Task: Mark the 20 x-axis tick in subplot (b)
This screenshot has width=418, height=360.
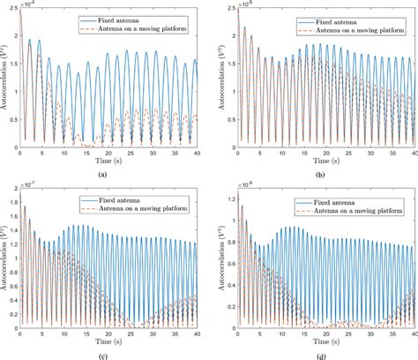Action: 324,154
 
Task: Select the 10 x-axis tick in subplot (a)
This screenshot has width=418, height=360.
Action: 63,154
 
